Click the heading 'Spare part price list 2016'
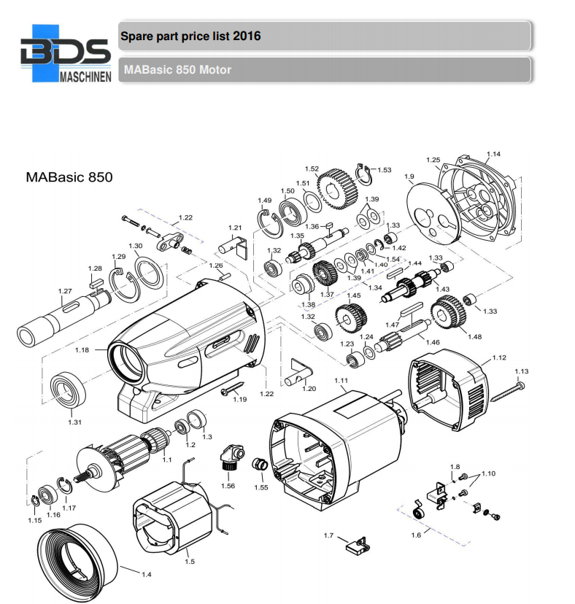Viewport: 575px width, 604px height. [x=190, y=36]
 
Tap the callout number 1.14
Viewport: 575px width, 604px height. [x=494, y=154]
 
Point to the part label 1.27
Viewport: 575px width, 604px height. [x=66, y=291]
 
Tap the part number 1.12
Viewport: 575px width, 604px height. [x=499, y=357]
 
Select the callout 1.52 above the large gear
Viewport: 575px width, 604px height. [x=312, y=169]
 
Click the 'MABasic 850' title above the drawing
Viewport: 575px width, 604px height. [x=69, y=177]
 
